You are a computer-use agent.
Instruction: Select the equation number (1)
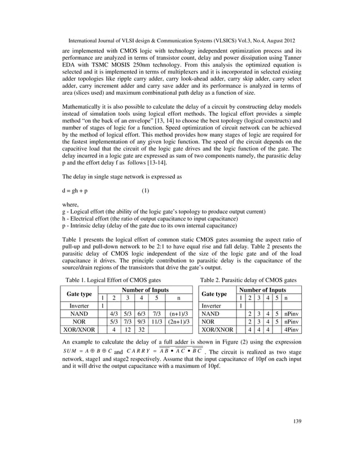click(145, 190)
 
